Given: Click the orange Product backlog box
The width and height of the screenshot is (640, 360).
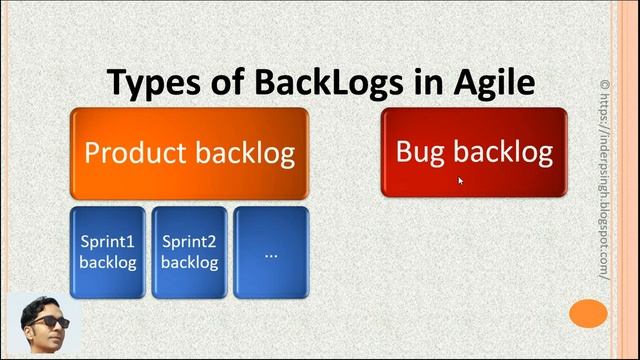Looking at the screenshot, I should click(x=190, y=153).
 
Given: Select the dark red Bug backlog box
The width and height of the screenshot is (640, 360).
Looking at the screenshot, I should click(x=474, y=152).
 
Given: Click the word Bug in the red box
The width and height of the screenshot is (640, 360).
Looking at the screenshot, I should click(x=421, y=151).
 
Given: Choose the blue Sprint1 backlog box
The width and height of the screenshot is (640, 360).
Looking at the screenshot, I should click(x=107, y=252).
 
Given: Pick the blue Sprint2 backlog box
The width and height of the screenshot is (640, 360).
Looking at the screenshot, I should click(x=189, y=252).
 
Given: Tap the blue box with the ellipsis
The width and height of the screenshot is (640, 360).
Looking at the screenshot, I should click(x=271, y=252).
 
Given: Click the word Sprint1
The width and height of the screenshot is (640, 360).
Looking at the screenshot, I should click(x=107, y=242).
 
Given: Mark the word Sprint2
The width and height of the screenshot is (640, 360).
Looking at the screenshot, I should click(x=189, y=242).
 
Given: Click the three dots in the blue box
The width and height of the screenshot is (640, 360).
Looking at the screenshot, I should click(x=271, y=254).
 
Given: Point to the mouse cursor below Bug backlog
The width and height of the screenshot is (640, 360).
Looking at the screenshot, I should click(x=461, y=181).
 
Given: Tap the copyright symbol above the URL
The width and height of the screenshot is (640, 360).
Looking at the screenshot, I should click(x=604, y=85).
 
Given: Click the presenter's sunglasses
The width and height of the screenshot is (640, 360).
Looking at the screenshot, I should click(x=48, y=322).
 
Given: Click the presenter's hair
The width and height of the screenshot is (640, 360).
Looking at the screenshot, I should click(x=45, y=303).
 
